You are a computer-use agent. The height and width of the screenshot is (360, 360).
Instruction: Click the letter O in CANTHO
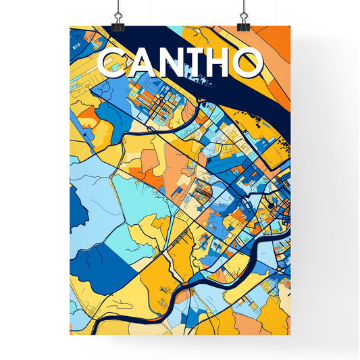click(249, 63)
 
